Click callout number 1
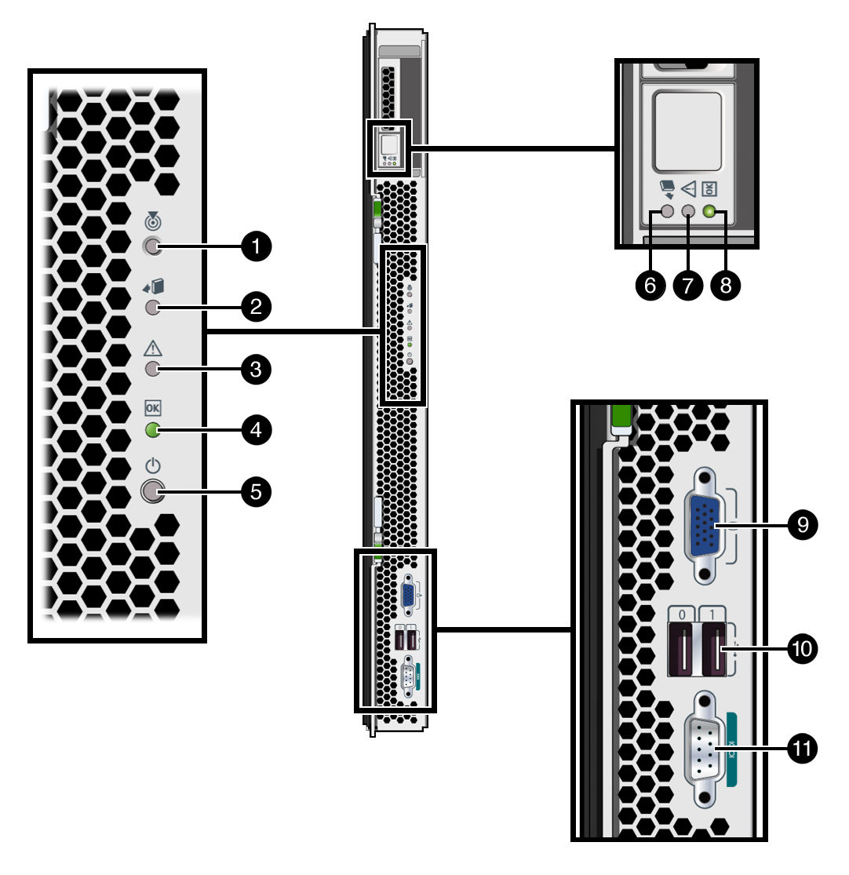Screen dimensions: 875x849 pos(256,247)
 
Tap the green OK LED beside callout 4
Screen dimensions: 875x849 pos(153,430)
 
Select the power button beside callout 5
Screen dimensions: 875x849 pos(151,492)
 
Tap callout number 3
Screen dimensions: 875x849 pos(256,368)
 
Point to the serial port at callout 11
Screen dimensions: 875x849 pos(705,747)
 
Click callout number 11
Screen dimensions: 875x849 pos(802,747)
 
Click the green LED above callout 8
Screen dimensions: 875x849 pos(711,211)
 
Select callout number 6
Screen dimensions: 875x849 pos(650,286)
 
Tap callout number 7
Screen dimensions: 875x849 pos(688,286)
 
